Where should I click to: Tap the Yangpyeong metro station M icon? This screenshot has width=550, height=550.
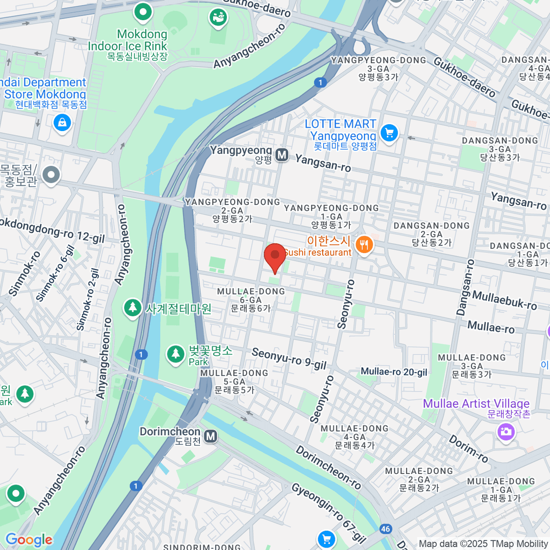[x=282, y=155]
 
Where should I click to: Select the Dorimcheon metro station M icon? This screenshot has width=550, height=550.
[x=210, y=436]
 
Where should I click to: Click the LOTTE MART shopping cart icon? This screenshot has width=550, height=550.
[x=389, y=133]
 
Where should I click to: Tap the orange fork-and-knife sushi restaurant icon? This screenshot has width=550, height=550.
[x=364, y=245]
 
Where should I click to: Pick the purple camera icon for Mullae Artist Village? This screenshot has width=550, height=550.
[x=506, y=431]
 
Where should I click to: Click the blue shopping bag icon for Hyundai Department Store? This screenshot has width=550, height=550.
[x=62, y=122]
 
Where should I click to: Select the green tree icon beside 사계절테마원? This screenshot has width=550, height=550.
[x=133, y=308]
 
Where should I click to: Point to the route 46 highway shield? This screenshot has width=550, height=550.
[x=385, y=529]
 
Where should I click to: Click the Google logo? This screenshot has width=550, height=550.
[x=29, y=539]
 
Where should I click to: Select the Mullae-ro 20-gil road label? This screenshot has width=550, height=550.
[x=394, y=372]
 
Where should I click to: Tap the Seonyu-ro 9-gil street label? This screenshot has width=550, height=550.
[x=289, y=359]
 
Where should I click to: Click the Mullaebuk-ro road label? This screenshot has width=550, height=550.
[x=504, y=300]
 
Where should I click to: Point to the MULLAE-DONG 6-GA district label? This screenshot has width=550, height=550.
[x=251, y=300]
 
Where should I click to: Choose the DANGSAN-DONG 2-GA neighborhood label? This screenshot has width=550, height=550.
[x=431, y=234]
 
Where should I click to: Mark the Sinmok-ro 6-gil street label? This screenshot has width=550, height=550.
[x=55, y=274]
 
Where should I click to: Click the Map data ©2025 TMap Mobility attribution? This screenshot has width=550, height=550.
[x=483, y=544]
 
